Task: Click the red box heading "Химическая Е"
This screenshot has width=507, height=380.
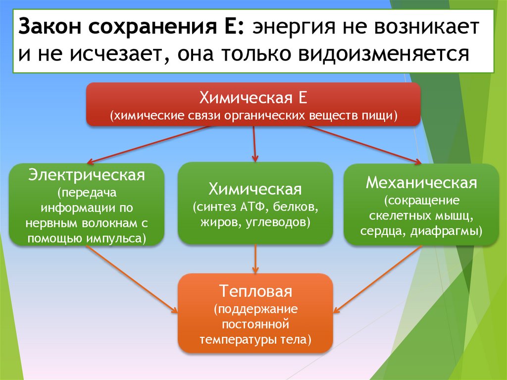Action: pos(253,97)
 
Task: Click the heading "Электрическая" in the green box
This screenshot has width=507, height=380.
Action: pos(87,175)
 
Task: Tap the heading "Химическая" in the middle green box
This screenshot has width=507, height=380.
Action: pos(255,189)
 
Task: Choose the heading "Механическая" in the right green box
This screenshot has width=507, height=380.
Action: pos(421,183)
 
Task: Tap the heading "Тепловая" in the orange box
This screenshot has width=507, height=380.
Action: pos(255,291)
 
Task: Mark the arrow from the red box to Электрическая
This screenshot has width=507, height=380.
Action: pos(149,144)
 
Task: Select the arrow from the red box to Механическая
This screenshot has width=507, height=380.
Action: pos(361,144)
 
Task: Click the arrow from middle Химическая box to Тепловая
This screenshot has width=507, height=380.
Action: pos(255,259)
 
